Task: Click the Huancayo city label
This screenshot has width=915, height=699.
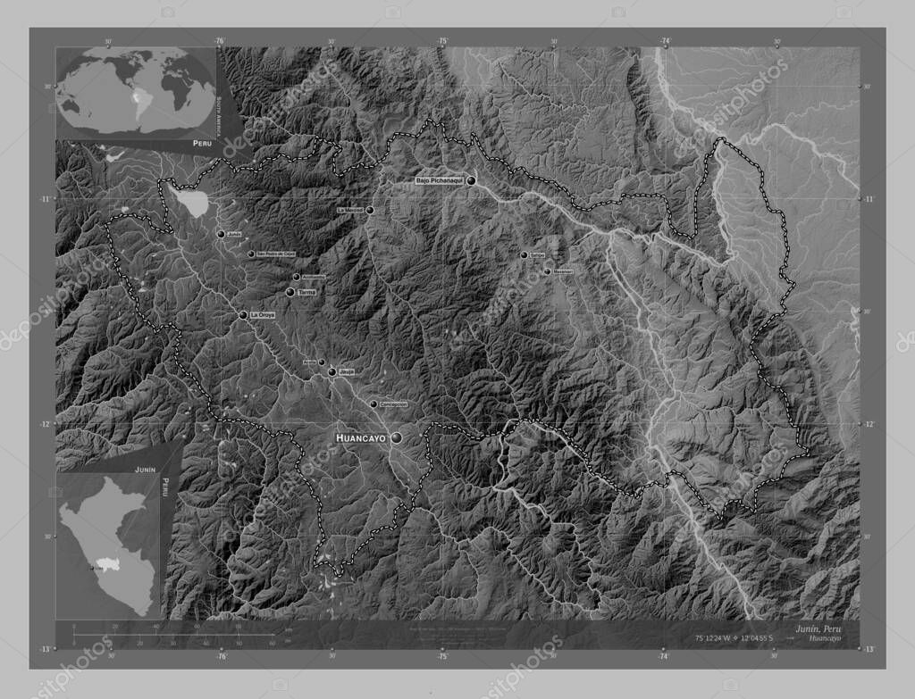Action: click(360, 438)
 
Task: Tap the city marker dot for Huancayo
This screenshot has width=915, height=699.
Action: click(395, 438)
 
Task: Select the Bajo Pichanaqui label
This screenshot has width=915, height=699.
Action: click(439, 181)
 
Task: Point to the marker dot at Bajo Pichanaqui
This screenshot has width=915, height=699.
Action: click(470, 180)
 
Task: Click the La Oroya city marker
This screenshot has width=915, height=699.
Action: click(243, 315)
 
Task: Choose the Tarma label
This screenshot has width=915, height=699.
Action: click(307, 292)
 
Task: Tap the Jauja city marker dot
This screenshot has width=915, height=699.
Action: click(332, 371)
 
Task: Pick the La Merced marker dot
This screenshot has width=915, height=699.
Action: click(369, 211)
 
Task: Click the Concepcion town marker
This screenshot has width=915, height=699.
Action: click(374, 404)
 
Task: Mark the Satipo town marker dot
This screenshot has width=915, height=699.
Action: click(524, 255)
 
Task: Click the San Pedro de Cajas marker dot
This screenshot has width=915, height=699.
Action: click(251, 254)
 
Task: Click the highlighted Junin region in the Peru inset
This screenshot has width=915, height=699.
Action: click(113, 564)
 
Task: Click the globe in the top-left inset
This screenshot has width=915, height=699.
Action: click(136, 91)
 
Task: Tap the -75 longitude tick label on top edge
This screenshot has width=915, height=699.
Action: click(441, 41)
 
